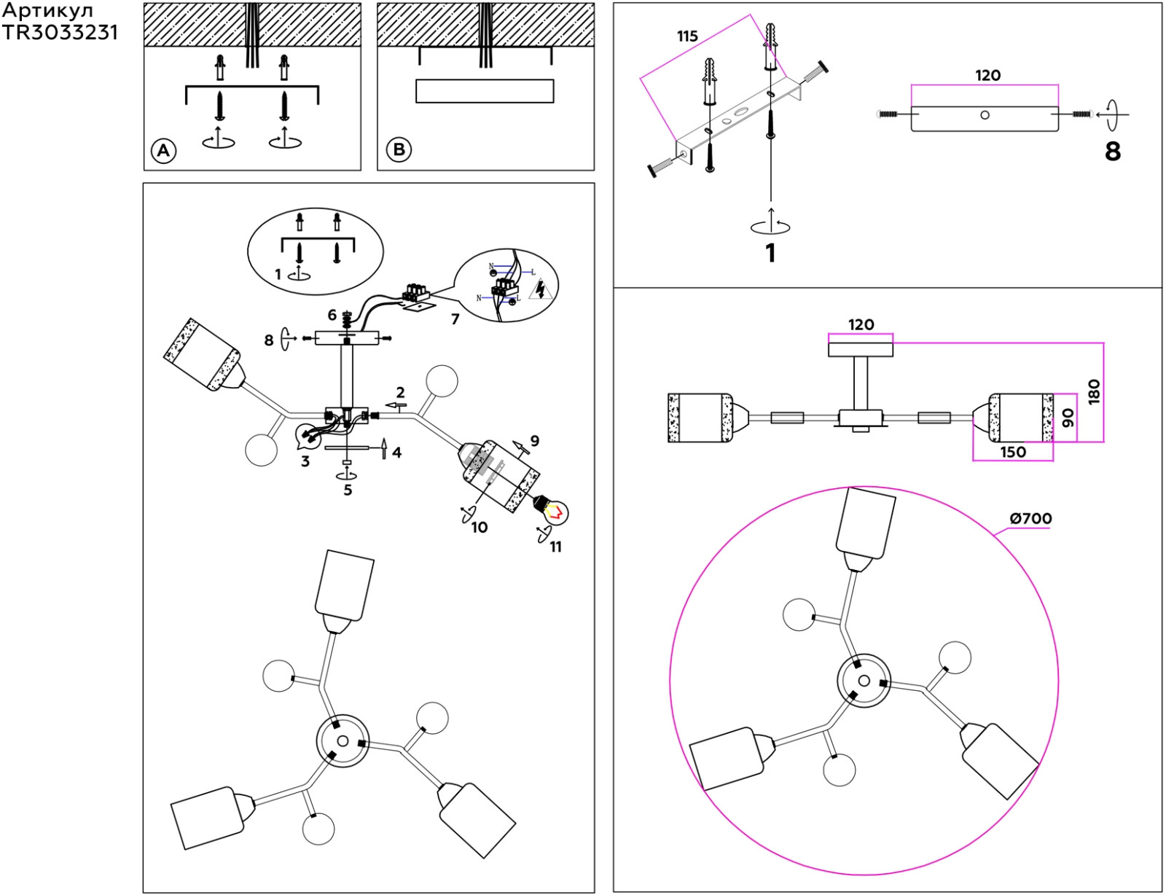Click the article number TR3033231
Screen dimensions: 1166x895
point(60,33)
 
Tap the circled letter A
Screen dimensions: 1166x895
point(164,150)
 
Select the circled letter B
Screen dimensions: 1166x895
point(399,149)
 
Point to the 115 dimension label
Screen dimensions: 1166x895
point(687,36)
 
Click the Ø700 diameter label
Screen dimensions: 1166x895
point(1030,518)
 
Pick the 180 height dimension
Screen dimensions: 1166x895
point(1095,391)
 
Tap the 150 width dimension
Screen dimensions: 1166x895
point(1013,452)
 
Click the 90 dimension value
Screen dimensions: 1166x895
point(1068,418)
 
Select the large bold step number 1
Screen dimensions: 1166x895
point(770,253)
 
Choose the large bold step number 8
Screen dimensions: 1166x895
point(1113,152)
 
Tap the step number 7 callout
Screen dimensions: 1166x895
point(455,319)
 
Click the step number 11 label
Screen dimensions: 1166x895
point(555,547)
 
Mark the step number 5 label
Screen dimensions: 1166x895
point(348,490)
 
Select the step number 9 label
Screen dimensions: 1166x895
point(534,440)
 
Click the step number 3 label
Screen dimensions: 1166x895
point(305,461)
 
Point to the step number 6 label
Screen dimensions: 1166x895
point(332,315)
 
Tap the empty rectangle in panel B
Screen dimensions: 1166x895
point(485,90)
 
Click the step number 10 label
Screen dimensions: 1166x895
point(480,528)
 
